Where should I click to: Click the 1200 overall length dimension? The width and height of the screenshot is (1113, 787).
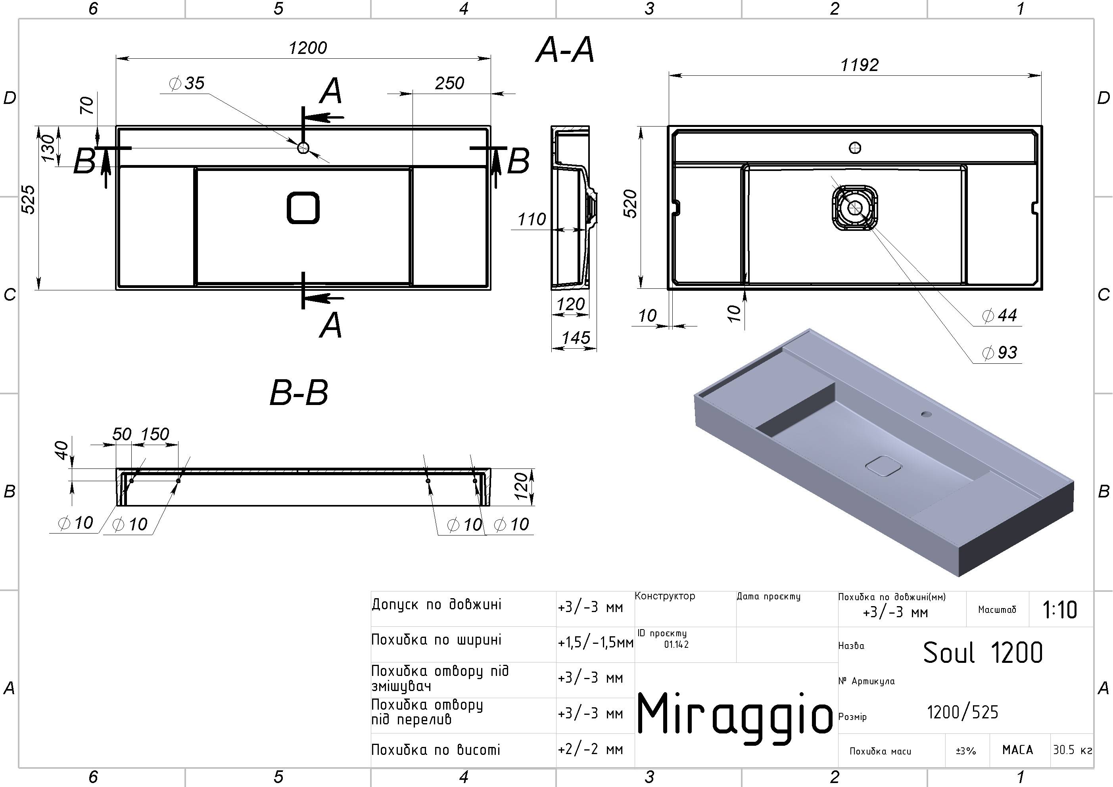pos(308,48)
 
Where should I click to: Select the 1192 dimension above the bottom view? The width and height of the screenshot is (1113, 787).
pos(859,65)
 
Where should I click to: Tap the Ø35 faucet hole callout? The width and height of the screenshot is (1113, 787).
pos(187,83)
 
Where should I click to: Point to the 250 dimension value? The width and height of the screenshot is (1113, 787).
pos(449,83)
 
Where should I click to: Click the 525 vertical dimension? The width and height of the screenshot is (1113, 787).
pos(29,199)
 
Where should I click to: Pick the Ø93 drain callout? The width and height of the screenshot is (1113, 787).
pos(1000,353)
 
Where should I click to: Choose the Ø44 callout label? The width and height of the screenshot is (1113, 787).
pos(1000,316)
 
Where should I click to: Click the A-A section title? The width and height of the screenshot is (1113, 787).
pos(565,50)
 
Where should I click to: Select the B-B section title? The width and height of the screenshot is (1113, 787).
pos(299,393)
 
